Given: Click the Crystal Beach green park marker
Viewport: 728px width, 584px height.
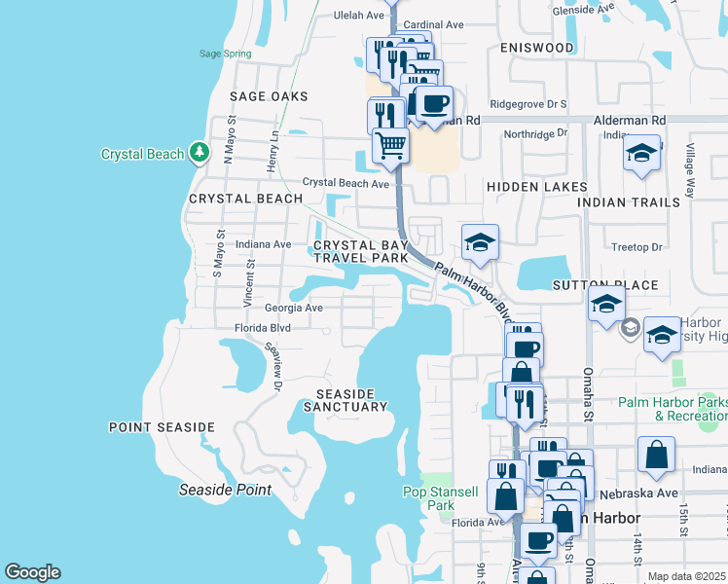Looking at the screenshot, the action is pyautogui.click(x=200, y=153).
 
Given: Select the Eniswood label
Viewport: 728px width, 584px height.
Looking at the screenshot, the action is pyautogui.click(x=536, y=48).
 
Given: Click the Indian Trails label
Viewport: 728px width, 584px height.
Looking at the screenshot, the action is pyautogui.click(x=629, y=202).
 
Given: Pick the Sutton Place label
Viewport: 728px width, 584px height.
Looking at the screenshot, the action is pyautogui.click(x=605, y=286).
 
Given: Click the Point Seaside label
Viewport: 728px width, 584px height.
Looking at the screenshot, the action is pyautogui.click(x=162, y=427).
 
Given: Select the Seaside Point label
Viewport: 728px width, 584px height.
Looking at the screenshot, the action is pyautogui.click(x=225, y=490).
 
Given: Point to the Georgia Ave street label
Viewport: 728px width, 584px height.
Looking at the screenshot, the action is pyautogui.click(x=293, y=308).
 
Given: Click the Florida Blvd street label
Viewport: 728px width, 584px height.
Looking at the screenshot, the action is pyautogui.click(x=263, y=329).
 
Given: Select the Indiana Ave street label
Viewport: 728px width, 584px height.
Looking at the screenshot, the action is pyautogui.click(x=263, y=244).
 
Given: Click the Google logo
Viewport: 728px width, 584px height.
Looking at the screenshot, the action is pyautogui.click(x=32, y=572).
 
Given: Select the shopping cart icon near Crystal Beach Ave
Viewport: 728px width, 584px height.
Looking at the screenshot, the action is pyautogui.click(x=390, y=145).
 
